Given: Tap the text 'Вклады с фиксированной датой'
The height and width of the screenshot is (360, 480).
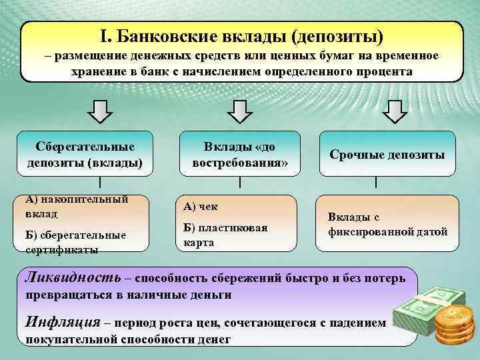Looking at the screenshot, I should pyautogui.click(x=387, y=225).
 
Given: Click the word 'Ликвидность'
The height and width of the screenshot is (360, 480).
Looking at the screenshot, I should pyautogui.click(x=73, y=277).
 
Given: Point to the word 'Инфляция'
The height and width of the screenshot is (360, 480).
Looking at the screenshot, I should pyautogui.click(x=63, y=322).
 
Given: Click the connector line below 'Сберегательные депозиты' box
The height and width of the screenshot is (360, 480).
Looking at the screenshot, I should pyautogui.click(x=100, y=182).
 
